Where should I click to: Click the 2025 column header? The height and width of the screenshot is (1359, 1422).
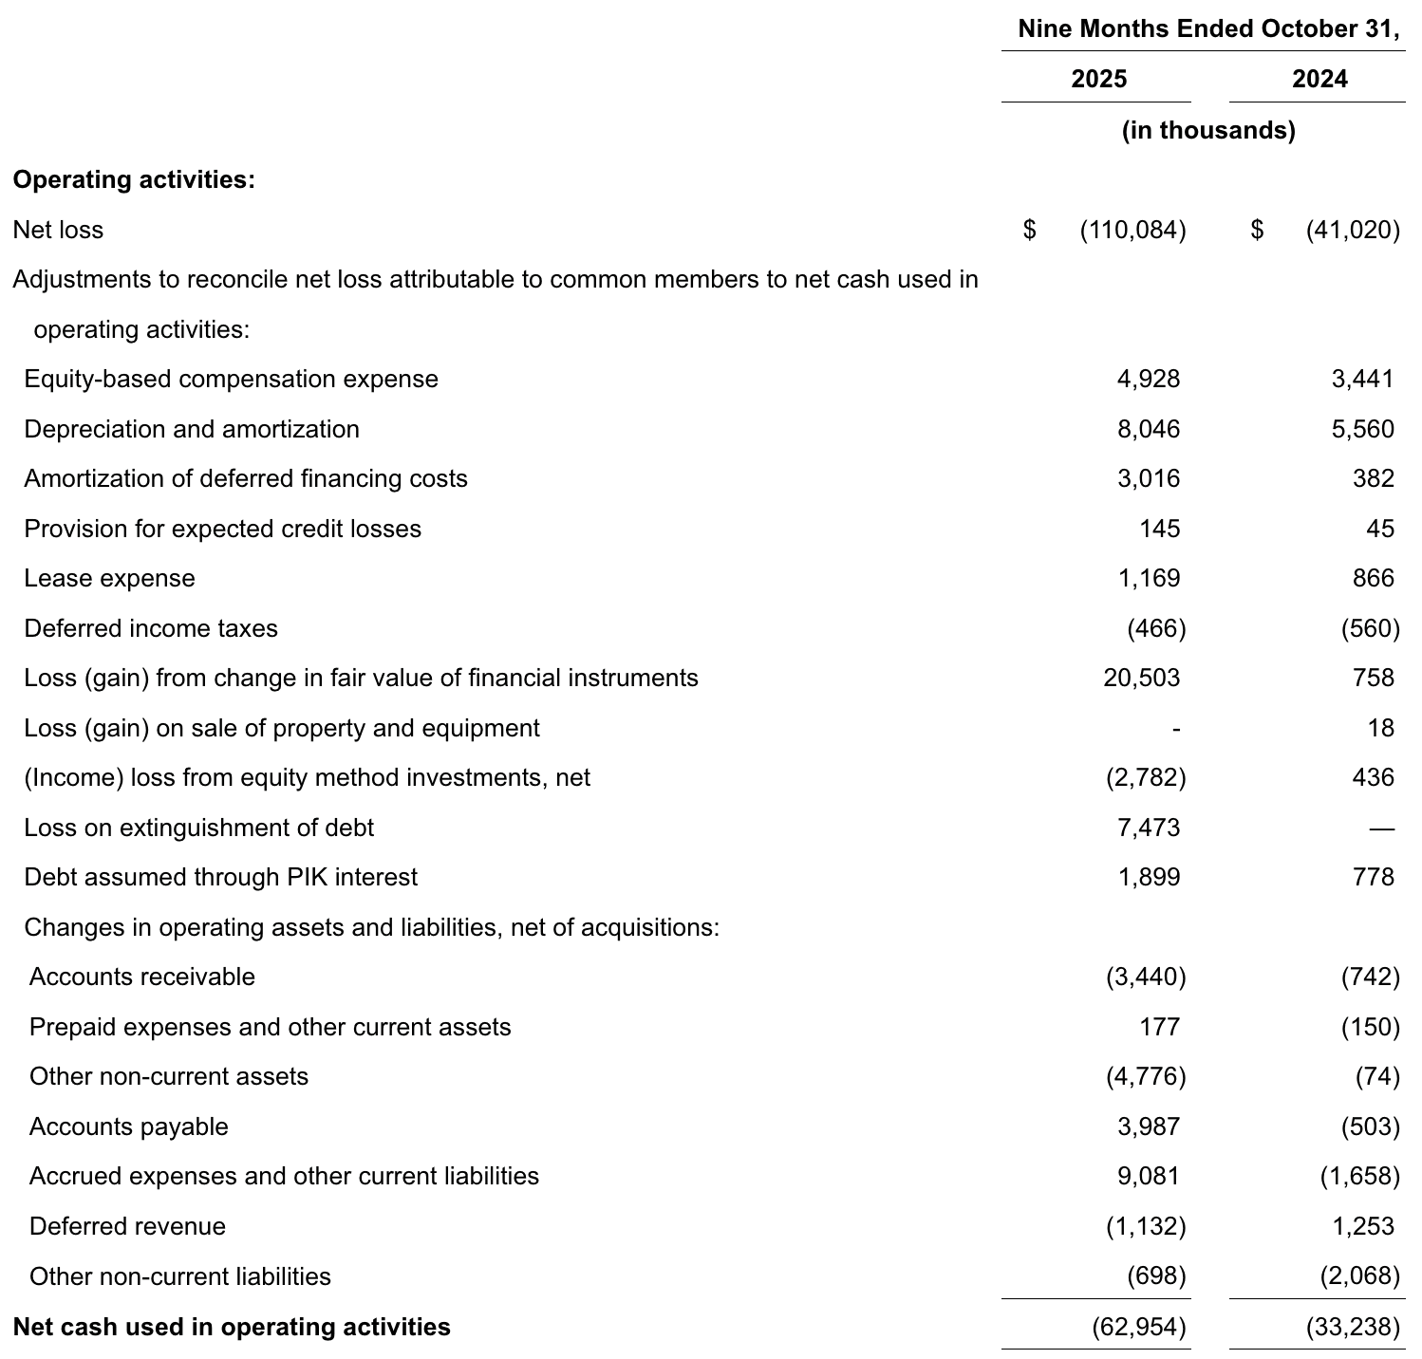coord(1098,79)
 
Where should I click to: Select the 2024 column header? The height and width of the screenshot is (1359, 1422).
coord(1319,79)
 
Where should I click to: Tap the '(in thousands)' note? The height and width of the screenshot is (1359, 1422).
coord(1207,130)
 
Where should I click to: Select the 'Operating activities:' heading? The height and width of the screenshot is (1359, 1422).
coord(134,180)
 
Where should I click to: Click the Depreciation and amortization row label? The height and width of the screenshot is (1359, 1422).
coord(192,429)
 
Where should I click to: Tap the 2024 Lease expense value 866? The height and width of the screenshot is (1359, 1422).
coord(1373,578)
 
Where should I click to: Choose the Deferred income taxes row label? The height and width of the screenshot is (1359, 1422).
coord(151,628)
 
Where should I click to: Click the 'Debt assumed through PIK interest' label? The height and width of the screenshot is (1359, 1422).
coord(220,877)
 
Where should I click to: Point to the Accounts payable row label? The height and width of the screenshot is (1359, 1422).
coord(129,1126)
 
